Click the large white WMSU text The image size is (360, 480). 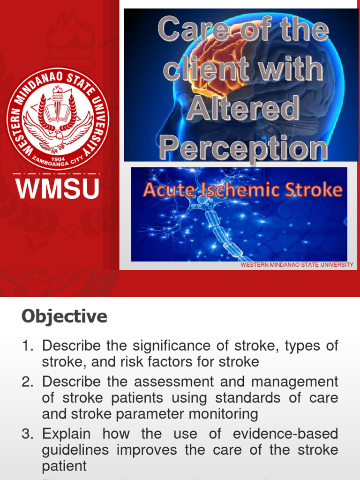(x=58, y=189)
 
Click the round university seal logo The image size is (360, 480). (x=58, y=118)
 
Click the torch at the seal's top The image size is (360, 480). (x=58, y=92)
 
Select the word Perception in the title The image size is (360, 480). (x=243, y=149)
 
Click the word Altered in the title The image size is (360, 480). (x=243, y=109)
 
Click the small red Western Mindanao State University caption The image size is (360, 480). (x=297, y=265)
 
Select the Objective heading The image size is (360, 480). (x=64, y=317)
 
